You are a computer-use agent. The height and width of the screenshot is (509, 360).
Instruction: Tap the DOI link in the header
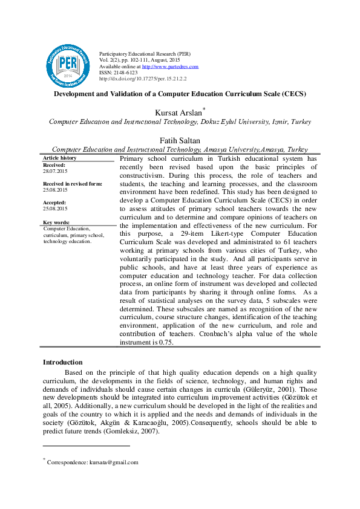pyautogui.click(x=142, y=79)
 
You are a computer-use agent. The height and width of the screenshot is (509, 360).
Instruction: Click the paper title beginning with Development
pyautogui.click(x=180, y=94)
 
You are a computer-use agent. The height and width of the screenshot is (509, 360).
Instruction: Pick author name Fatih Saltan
pyautogui.click(x=180, y=140)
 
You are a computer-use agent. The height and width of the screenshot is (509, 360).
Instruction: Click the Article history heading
pyautogui.click(x=60, y=158)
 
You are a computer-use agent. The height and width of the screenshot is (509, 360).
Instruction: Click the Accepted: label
pyautogui.click(x=56, y=203)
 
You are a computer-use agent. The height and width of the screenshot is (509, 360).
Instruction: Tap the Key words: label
pyautogui.click(x=57, y=222)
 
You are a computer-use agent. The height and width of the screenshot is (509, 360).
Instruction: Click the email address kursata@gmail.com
pyautogui.click(x=114, y=462)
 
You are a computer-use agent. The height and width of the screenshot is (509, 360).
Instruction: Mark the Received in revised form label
pyautogui.click(x=73, y=183)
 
